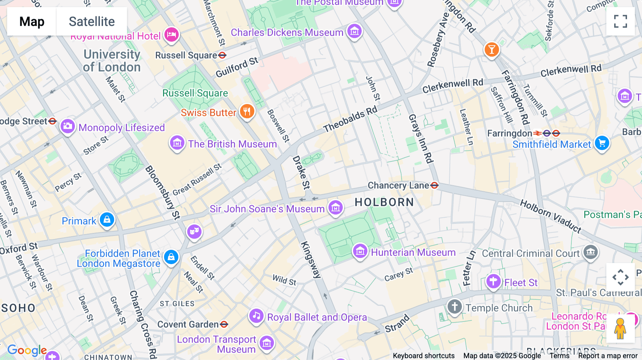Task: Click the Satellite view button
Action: coord(92,21)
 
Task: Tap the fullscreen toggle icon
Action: coord(620,21)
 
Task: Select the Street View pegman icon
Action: coord(620,328)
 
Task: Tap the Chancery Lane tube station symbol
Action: coord(434,185)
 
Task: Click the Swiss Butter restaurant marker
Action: coord(247,111)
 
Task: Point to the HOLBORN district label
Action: coord(384,202)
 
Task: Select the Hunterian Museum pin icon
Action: coord(360,251)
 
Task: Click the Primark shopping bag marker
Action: coord(107,220)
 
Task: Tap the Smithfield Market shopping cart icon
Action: coord(602,143)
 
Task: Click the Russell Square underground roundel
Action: coord(222,55)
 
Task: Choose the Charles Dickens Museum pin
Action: coord(354,31)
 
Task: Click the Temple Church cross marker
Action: coord(454,307)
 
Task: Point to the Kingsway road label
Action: coord(311,259)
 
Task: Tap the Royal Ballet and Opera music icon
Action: coord(256,316)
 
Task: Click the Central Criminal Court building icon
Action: coord(590,252)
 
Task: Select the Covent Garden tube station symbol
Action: coord(224,324)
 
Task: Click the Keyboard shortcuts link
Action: coord(423,356)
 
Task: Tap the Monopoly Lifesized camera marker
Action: coord(67,126)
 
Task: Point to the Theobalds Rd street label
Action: coord(350,119)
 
